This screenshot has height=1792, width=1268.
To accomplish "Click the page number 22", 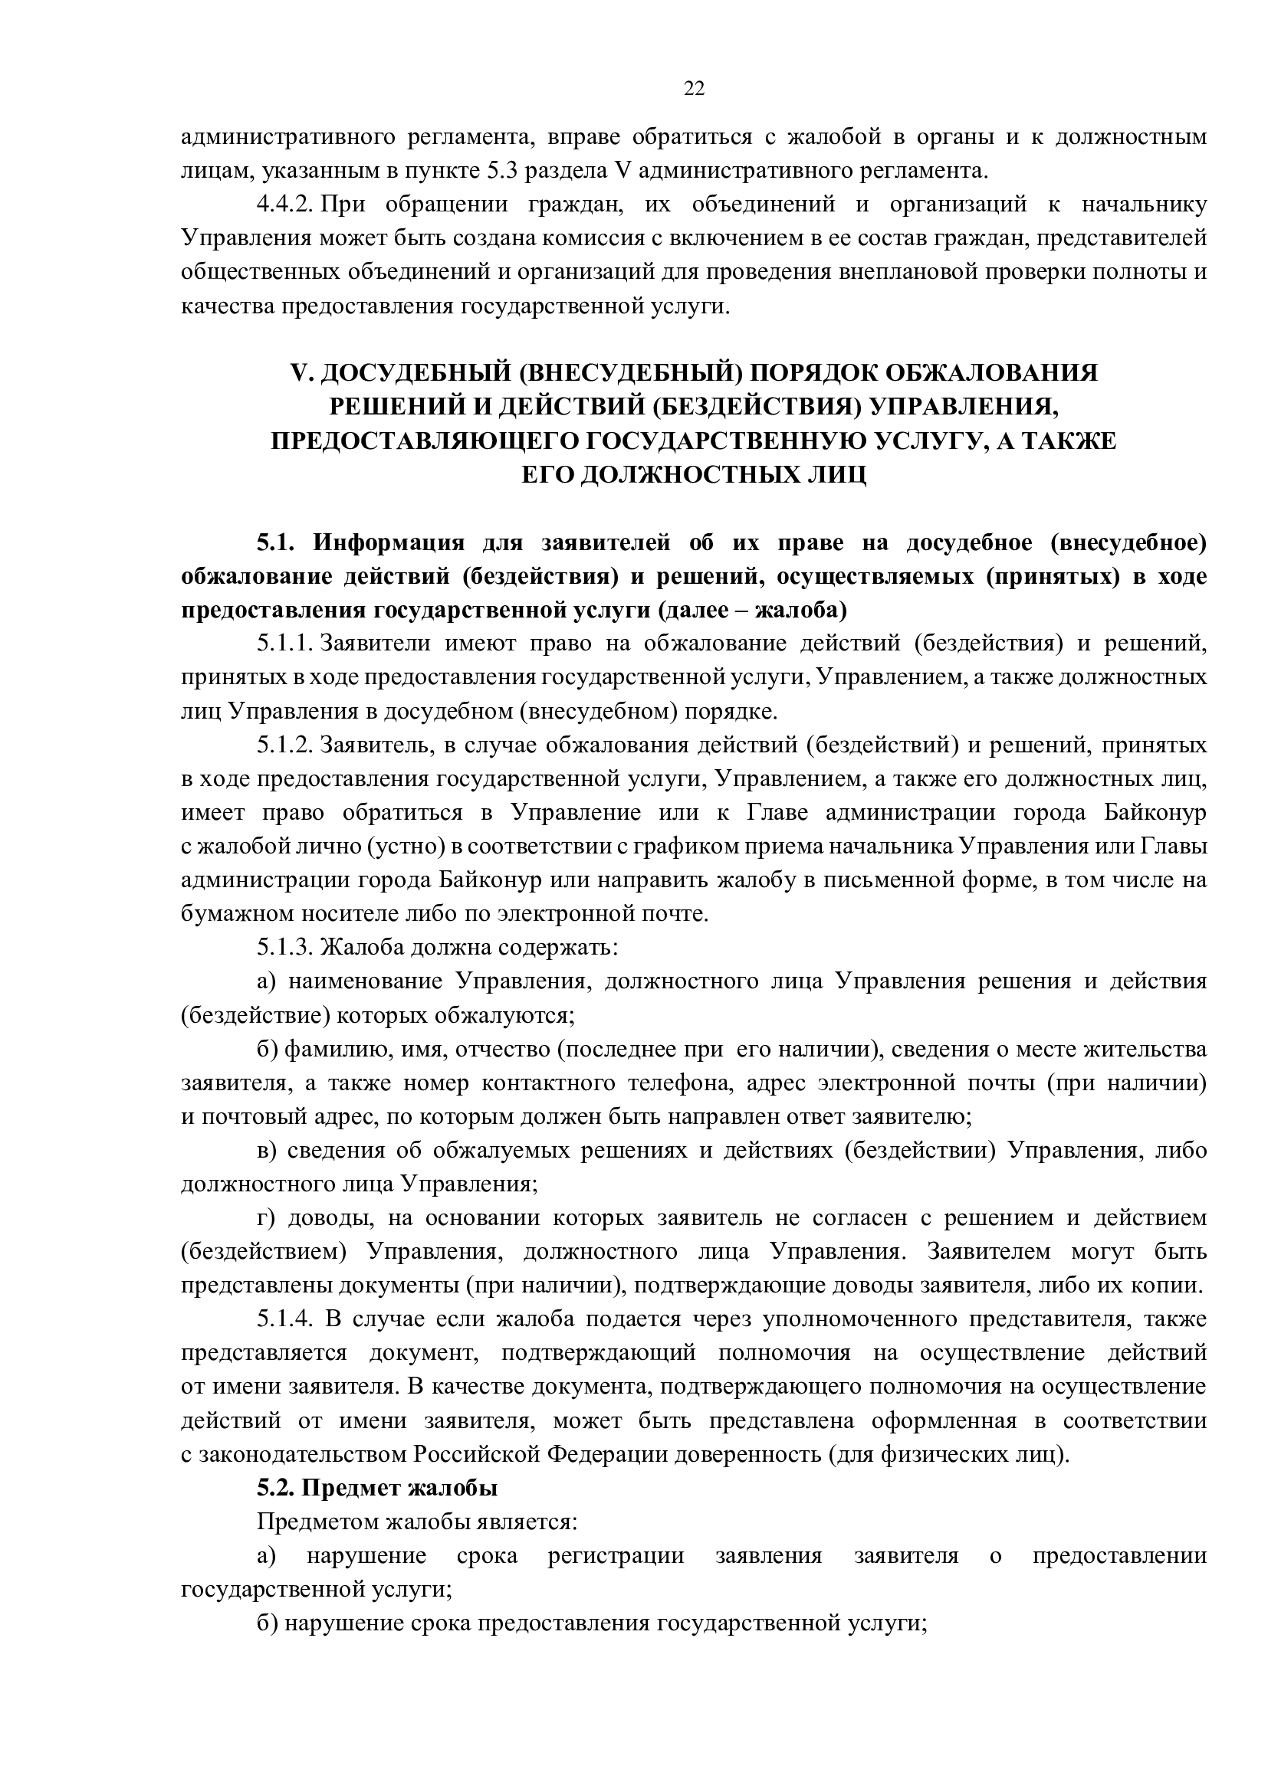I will click(693, 89).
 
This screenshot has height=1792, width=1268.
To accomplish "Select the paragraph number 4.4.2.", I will click(285, 205).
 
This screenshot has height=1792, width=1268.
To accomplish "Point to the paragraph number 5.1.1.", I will click(285, 644).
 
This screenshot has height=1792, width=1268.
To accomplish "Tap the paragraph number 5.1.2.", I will click(285, 745).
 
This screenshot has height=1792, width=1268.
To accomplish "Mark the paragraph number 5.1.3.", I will click(285, 948).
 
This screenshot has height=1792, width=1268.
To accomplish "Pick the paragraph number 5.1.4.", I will click(285, 1320).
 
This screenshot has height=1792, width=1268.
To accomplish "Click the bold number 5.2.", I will click(276, 1489).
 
